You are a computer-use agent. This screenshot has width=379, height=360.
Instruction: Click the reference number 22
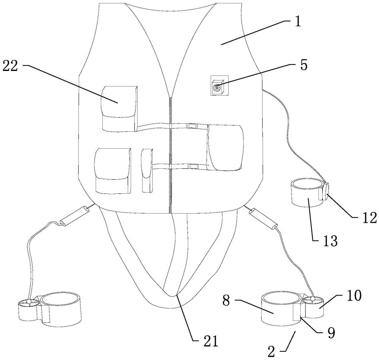point(10,66)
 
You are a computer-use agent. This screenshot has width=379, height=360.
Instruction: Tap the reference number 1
point(298,22)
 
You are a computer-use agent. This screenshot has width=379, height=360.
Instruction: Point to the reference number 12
point(369,217)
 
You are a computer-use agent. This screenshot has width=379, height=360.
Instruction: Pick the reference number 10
point(354,295)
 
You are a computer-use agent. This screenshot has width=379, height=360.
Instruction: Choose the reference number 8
point(226,301)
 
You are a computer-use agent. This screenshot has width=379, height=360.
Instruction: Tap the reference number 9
point(331,333)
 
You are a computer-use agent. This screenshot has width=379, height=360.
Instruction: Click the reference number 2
point(271,352)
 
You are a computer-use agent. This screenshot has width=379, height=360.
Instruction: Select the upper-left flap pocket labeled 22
point(119,108)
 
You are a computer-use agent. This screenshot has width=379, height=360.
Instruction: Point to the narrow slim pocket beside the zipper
point(147,171)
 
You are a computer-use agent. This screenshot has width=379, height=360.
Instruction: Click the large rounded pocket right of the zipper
point(225,147)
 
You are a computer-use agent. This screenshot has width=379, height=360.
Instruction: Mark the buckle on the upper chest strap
point(193,126)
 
